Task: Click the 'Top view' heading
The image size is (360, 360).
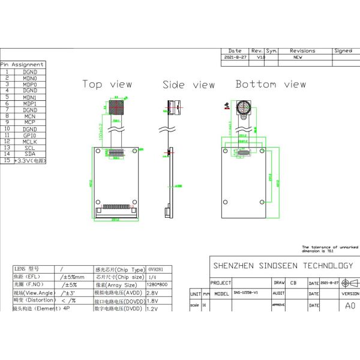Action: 107,85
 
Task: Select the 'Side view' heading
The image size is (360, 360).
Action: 188,85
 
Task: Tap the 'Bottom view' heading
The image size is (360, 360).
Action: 271,85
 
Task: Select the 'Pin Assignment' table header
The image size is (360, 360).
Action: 22,64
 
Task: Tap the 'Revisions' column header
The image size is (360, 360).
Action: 302,51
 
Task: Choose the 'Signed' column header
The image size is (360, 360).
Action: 343,51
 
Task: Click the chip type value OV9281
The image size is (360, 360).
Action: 155,269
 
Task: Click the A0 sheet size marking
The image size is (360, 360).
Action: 350,305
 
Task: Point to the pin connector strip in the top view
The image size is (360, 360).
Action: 118,208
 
